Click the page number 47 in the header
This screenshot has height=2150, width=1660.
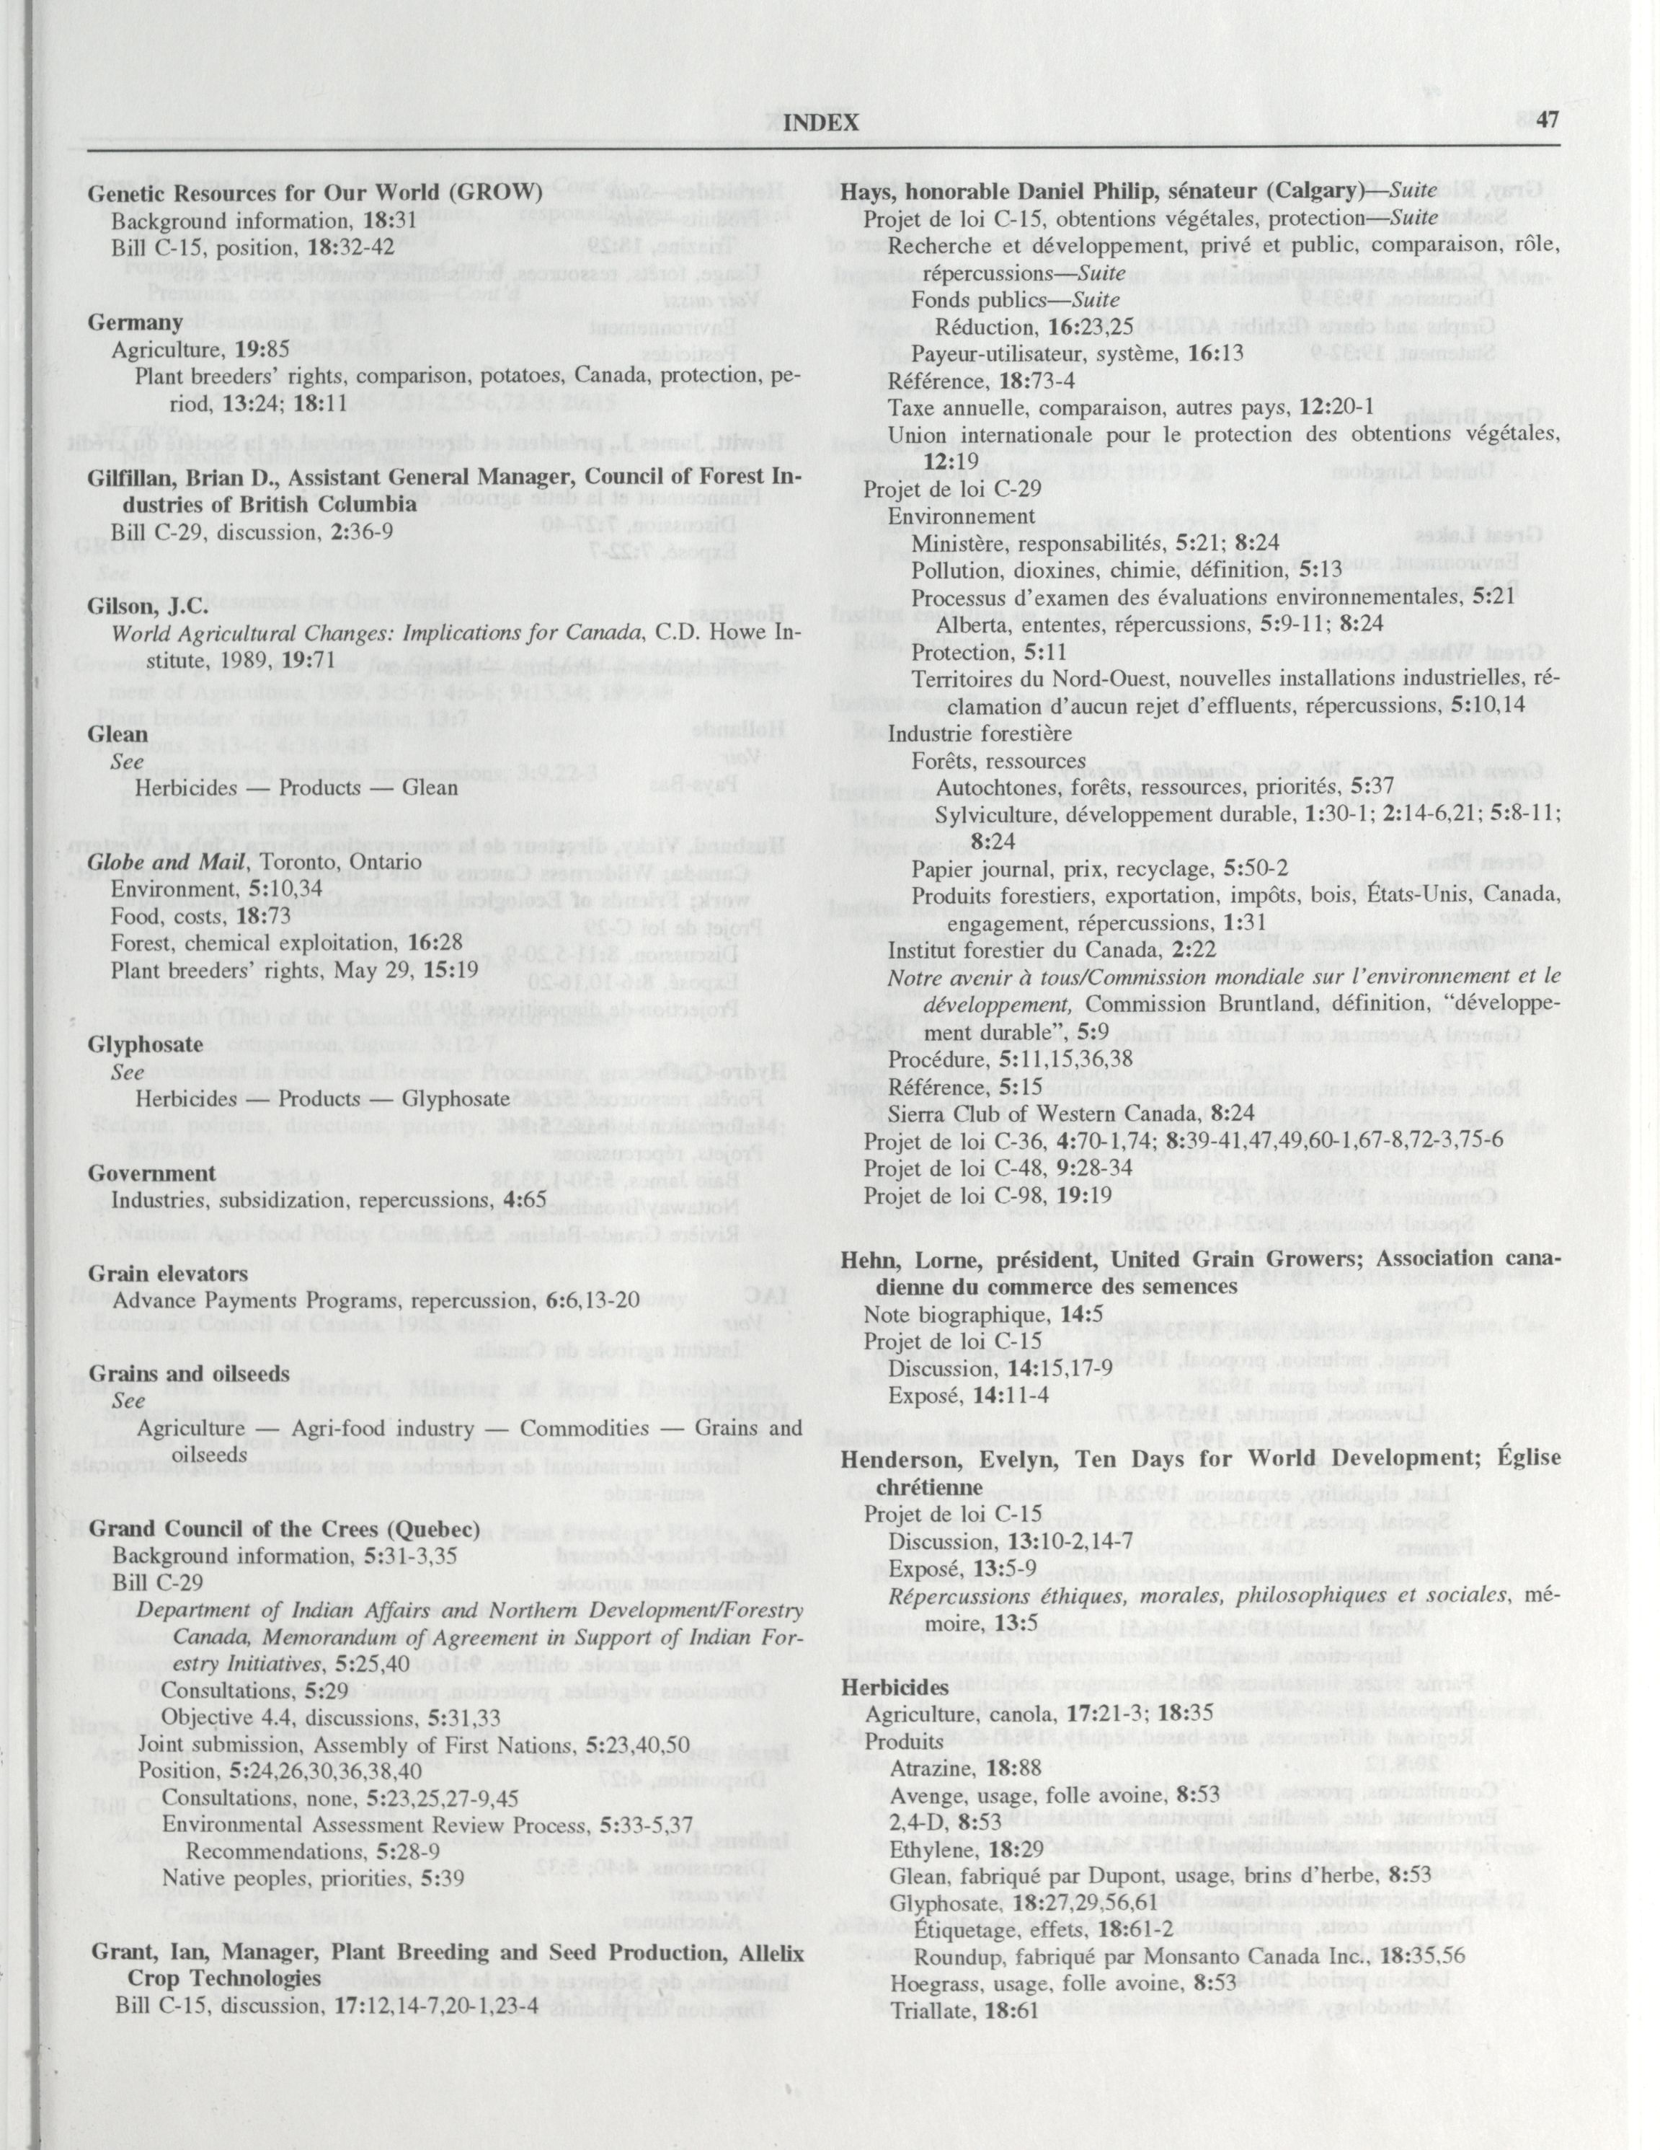coord(1547,121)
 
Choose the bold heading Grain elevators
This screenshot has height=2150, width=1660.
coord(154,1273)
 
